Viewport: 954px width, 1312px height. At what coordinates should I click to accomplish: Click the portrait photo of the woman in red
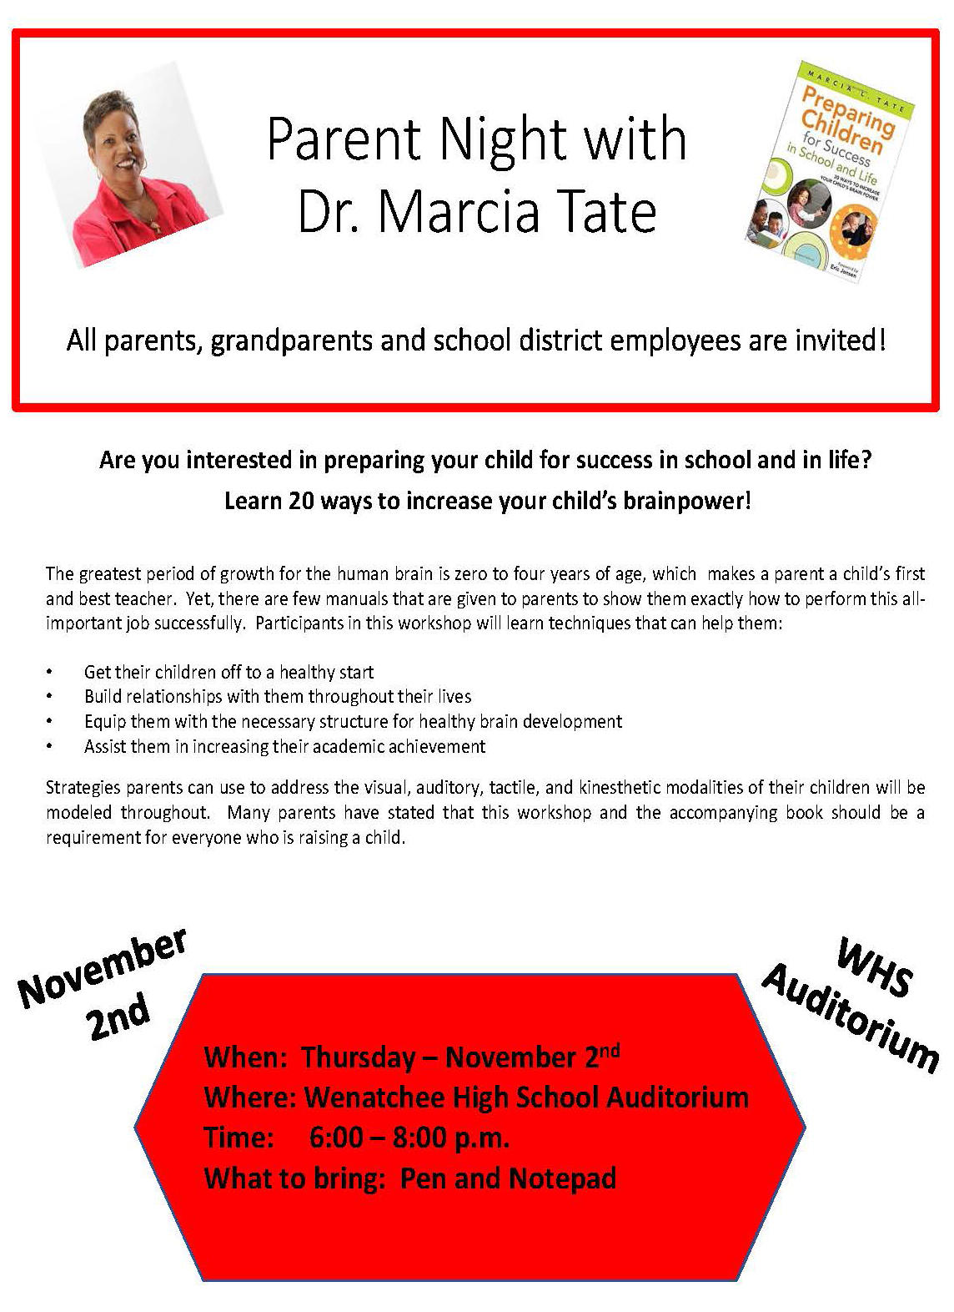(133, 164)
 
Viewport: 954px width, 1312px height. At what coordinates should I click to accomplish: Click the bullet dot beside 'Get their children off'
(50, 672)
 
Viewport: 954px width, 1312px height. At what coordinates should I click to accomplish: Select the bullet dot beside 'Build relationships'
(50, 696)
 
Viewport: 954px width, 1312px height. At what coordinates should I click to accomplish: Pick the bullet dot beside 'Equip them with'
(50, 721)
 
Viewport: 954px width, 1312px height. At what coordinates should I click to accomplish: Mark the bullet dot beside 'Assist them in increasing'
(50, 746)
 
